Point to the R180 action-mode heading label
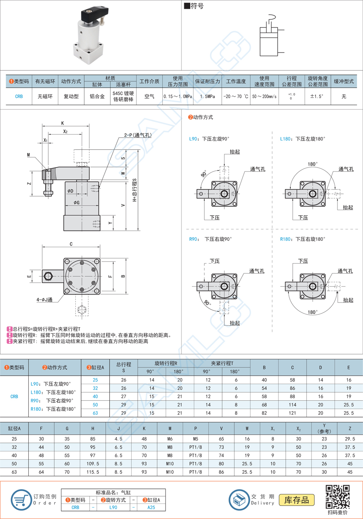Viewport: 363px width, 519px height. coord(302,239)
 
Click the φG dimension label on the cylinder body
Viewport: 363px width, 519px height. coord(77,203)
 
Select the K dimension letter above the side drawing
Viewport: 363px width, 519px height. coord(63,123)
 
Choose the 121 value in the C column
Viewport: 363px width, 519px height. coord(292,413)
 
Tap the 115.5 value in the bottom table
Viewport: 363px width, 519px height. coord(93,472)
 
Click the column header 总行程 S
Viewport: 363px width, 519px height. coord(123,367)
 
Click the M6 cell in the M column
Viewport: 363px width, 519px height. coord(170,438)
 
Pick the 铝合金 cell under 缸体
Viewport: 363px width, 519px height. coord(97,97)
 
